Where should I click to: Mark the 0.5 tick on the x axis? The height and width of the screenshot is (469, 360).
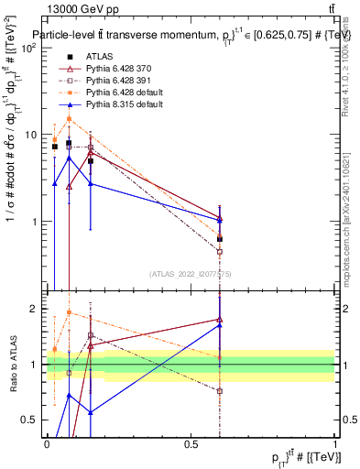pos(191,444)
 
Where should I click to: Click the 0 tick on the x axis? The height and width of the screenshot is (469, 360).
pos(47,444)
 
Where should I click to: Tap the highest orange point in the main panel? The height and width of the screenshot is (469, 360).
pos(69,118)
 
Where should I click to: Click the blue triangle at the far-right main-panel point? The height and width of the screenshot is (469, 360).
pos(219,220)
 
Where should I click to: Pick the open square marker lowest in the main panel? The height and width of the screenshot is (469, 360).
pos(219,251)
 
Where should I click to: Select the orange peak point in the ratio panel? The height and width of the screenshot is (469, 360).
pos(69,312)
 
